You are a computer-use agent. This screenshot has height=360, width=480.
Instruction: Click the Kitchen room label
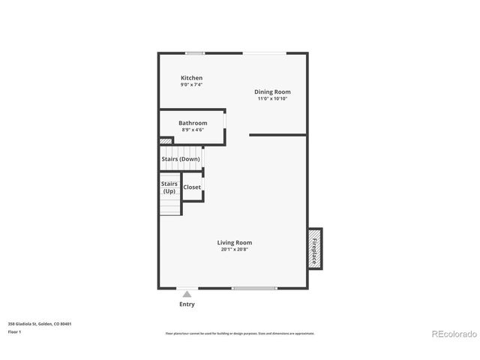tap(191, 78)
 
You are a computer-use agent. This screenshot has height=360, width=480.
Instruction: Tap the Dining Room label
tap(271, 91)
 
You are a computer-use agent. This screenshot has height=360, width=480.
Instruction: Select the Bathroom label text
tap(193, 123)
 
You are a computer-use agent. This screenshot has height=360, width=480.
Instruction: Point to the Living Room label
tap(234, 243)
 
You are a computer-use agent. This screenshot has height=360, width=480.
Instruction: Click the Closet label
tap(192, 187)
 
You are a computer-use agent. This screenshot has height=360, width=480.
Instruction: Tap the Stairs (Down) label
tap(181, 159)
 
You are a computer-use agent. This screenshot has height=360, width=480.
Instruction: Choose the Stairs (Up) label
tap(169, 187)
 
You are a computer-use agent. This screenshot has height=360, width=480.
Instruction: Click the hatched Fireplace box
tap(314, 248)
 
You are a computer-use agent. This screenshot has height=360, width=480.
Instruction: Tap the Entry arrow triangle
tap(187, 294)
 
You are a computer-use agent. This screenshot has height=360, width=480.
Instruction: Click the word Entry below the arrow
tap(187, 304)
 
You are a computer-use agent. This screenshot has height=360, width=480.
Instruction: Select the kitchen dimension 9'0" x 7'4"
tap(191, 85)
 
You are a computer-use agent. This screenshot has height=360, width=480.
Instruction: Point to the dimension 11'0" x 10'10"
tap(272, 99)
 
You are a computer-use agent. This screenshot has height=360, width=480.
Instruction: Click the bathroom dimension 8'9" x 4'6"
tap(193, 130)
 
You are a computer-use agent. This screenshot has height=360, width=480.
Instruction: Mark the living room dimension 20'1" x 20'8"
tap(235, 250)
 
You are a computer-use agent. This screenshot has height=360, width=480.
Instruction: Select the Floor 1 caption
tap(14, 331)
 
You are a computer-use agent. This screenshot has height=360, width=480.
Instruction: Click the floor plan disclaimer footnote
tap(240, 333)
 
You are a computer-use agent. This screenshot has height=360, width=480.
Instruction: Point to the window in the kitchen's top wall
tap(196, 52)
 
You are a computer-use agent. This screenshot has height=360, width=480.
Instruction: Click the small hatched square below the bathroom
tap(166, 140)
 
